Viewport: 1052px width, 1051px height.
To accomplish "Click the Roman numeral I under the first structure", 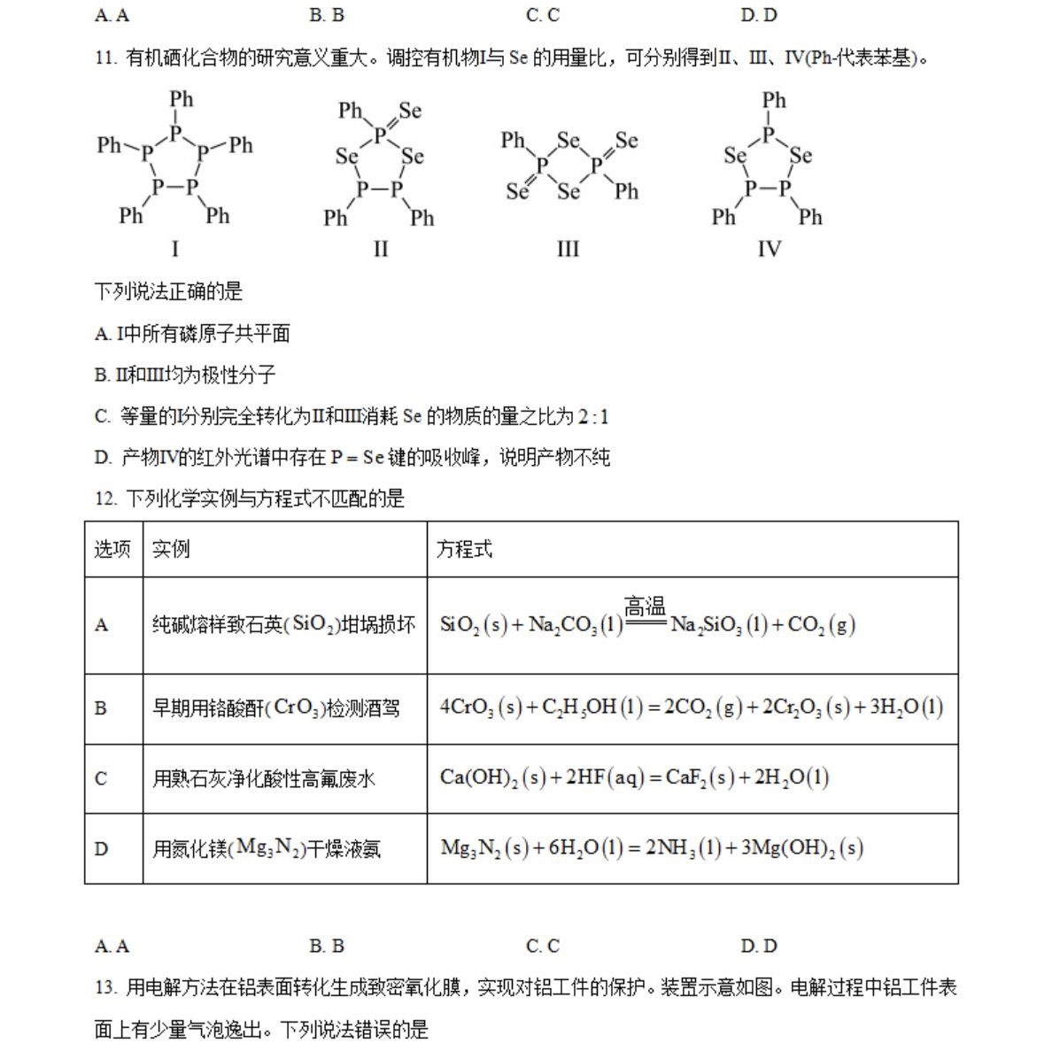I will [x=174, y=249].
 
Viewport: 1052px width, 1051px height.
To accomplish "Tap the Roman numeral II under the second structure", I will [x=381, y=249].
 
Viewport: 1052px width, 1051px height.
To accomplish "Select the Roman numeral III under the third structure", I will [x=568, y=249].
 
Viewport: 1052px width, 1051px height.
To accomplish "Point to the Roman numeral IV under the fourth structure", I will [x=769, y=249].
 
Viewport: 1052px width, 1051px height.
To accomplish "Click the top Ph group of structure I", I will [x=182, y=99].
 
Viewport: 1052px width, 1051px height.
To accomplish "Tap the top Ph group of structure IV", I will [x=774, y=100].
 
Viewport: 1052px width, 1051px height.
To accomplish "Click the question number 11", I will [x=105, y=58].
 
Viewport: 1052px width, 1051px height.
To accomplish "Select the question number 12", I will [x=105, y=498].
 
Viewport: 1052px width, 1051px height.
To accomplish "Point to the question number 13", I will [x=105, y=987].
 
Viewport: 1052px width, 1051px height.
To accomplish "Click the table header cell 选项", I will [x=112, y=549].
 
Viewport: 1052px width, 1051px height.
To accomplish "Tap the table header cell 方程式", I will [x=464, y=549].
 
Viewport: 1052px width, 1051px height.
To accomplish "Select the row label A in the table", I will [x=101, y=625].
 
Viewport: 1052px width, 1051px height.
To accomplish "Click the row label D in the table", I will [x=101, y=848].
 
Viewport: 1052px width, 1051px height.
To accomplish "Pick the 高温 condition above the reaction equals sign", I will [x=645, y=607].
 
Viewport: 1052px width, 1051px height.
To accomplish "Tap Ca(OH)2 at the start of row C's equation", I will [x=478, y=777].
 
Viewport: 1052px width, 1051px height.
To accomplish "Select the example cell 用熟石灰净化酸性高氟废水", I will [x=263, y=778].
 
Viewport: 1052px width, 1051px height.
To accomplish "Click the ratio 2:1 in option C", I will [x=593, y=416].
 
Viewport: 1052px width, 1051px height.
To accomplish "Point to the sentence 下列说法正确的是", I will [x=168, y=291].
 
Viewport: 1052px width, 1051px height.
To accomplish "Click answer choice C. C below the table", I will [x=542, y=946].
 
